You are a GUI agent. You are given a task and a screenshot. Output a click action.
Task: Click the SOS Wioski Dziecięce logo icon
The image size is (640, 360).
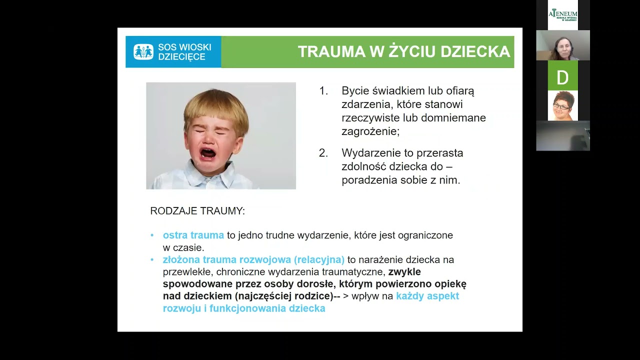(x=143, y=51)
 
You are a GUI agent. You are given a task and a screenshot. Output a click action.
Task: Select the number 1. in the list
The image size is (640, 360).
(x=323, y=91)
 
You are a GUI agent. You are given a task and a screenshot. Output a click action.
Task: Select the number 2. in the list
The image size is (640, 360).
(x=323, y=153)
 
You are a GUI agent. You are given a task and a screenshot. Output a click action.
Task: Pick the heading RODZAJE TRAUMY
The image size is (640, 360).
(x=197, y=211)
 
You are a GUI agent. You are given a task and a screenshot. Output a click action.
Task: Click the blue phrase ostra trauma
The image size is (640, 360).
(x=193, y=235)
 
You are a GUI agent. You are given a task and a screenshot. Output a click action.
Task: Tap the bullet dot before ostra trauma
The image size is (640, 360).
(x=152, y=235)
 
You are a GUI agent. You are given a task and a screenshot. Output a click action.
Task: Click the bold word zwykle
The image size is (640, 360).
(x=404, y=272)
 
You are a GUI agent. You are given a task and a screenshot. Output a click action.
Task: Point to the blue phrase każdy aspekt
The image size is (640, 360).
(x=427, y=296)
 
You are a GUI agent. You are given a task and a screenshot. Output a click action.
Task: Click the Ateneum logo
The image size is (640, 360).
(x=562, y=14)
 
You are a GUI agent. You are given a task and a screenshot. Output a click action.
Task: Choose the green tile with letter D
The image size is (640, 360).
(x=562, y=76)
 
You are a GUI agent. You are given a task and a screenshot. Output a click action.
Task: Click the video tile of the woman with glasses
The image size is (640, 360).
(x=562, y=105)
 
